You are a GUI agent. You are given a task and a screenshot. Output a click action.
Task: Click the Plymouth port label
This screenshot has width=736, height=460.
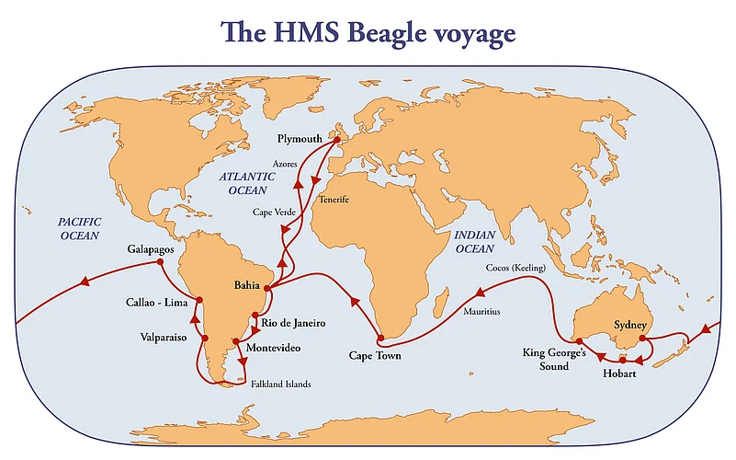(x=303, y=138)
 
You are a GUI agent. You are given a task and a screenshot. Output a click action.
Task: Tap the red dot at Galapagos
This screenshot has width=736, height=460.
(x=160, y=262)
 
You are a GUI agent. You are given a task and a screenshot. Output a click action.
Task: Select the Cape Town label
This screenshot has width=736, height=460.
(x=375, y=354)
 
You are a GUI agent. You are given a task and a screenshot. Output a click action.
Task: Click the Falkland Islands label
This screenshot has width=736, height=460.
(x=281, y=383)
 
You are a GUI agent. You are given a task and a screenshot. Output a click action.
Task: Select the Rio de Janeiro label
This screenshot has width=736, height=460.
(x=293, y=323)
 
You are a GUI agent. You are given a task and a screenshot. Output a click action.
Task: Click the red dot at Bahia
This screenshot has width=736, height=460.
(x=266, y=289)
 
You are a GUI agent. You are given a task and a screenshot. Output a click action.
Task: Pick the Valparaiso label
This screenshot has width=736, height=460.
(x=164, y=338)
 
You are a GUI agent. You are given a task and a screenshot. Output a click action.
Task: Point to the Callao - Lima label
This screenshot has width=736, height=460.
(x=157, y=302)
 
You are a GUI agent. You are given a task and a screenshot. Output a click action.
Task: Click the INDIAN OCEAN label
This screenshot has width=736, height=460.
(x=474, y=242)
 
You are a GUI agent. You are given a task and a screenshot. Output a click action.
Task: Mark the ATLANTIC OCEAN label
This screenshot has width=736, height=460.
(x=243, y=182)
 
